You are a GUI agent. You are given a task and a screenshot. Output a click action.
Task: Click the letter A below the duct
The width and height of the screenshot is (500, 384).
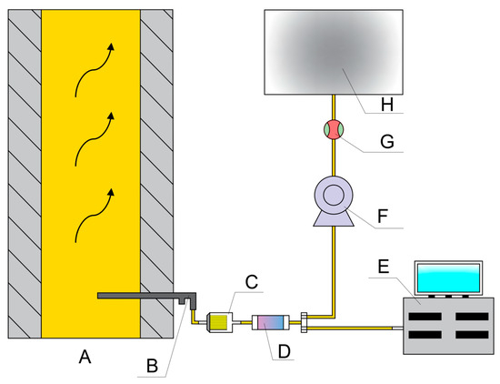(85, 357)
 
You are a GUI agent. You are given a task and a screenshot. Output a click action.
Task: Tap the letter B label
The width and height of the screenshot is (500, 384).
(153, 366)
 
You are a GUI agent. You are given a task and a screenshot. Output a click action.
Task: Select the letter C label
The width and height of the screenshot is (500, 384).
(252, 282)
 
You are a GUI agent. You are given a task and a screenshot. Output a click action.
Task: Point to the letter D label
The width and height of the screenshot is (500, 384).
(285, 351)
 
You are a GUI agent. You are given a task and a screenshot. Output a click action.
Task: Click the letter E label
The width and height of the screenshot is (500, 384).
(384, 267)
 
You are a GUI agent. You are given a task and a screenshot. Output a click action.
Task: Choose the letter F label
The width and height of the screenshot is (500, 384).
(383, 216)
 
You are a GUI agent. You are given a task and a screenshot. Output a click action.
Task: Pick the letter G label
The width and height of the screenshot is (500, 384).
(387, 141)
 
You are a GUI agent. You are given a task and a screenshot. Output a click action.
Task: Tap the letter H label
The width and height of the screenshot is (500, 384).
(387, 105)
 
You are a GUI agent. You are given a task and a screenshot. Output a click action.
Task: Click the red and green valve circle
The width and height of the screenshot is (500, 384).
(334, 129)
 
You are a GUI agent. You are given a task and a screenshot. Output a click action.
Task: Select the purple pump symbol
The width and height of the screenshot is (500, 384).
(334, 201)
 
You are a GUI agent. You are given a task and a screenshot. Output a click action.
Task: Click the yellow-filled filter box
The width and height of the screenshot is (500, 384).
(220, 322)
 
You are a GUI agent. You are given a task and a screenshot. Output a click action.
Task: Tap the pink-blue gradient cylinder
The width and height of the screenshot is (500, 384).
(271, 322)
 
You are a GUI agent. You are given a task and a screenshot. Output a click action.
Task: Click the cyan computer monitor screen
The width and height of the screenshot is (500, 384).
(449, 278)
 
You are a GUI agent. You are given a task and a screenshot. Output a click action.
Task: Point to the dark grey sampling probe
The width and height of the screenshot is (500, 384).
(146, 296)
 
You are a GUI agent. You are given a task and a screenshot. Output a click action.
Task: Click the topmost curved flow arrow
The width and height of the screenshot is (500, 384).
(95, 69)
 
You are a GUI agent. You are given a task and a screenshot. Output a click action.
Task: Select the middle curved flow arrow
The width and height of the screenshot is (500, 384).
(95, 139)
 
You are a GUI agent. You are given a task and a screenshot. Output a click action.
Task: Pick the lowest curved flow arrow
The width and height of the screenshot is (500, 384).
(95, 216)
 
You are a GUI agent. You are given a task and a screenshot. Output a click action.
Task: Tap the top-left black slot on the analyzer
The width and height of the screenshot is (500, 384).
(425, 317)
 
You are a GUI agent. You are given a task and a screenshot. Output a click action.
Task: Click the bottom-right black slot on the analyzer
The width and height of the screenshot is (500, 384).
(472, 335)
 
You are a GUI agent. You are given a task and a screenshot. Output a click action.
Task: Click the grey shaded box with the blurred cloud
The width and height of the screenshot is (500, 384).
(334, 52)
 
